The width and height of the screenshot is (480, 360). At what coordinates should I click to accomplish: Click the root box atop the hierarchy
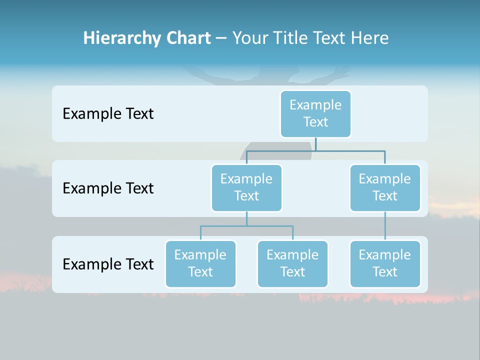[315, 114]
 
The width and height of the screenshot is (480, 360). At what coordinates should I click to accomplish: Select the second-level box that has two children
[246, 188]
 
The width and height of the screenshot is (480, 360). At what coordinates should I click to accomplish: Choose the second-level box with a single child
[385, 188]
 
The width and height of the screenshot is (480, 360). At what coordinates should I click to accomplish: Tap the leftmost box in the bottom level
[200, 264]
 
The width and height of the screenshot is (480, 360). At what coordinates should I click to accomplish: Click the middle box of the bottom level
[292, 264]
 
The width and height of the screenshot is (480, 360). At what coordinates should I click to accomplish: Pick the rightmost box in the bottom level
[385, 264]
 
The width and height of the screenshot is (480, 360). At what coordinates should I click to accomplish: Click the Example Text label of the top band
[108, 114]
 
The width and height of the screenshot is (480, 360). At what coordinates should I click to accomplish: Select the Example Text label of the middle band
[108, 188]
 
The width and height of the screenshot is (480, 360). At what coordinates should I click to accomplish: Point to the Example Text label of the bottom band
[108, 264]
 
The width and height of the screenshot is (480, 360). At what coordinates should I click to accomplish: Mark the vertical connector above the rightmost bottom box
[385, 226]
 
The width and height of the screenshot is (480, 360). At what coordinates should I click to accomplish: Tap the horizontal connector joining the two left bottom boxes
[246, 226]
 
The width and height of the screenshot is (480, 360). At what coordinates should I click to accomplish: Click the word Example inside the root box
[315, 105]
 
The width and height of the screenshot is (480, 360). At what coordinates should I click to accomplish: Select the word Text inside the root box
[315, 122]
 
